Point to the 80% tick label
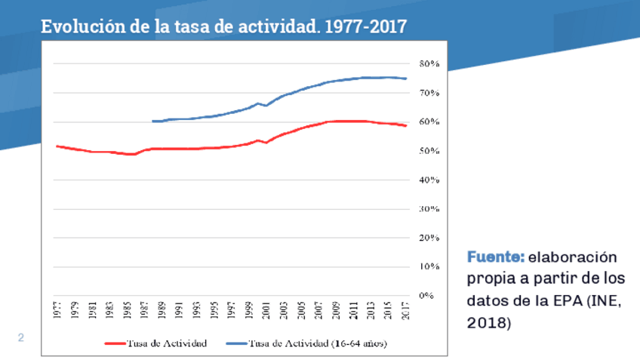click(x=429, y=63)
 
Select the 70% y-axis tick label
click(x=429, y=93)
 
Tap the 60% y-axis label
click(x=429, y=122)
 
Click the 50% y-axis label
click(x=429, y=151)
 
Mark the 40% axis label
click(x=429, y=180)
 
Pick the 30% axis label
click(x=429, y=209)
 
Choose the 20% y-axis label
click(x=429, y=238)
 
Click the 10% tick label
click(x=429, y=266)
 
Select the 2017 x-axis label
click(x=406, y=311)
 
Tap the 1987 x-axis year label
click(x=145, y=311)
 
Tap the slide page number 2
click(x=21, y=338)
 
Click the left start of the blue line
click(x=152, y=121)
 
